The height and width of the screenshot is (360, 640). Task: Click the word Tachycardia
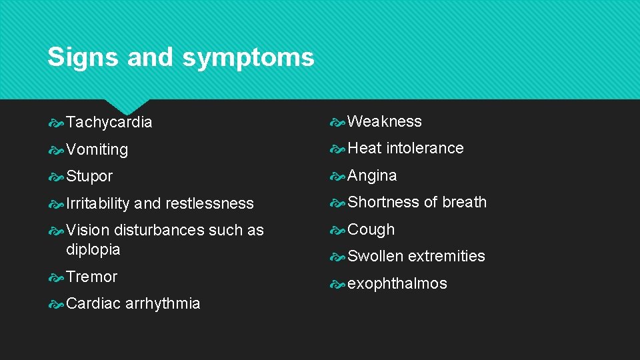109,123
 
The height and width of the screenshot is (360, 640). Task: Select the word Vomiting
97,150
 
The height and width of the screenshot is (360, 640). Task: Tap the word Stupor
90,177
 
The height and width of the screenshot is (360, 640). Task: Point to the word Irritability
98,203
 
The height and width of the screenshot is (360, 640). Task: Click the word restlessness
209,203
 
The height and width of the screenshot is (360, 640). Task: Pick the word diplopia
93,250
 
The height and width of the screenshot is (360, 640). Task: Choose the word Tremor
92,277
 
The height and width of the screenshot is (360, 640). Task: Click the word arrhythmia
163,303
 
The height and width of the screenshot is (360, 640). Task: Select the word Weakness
385,121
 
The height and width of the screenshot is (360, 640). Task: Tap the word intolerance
425,148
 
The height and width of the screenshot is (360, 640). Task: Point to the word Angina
372,176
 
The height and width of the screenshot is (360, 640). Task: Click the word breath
465,202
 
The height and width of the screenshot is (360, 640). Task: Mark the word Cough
371,229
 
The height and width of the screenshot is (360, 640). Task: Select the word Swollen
375,256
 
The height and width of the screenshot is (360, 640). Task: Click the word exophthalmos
397,283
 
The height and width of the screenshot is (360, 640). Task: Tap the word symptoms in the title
248,59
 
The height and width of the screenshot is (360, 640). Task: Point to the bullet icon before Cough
338,230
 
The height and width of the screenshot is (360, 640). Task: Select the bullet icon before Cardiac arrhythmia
57,304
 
